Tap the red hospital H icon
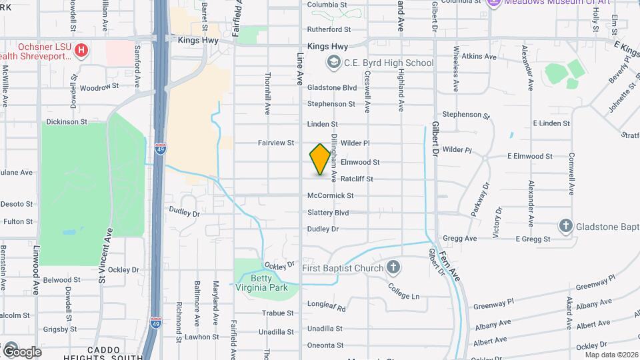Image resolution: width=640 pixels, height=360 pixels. click(x=81, y=50)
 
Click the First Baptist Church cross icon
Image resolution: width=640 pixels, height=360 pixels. click(x=393, y=268)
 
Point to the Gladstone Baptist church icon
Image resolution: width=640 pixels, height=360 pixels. click(x=566, y=225)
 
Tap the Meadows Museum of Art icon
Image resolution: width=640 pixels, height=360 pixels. click(x=494, y=3)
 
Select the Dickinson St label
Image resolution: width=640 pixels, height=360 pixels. click(x=66, y=122)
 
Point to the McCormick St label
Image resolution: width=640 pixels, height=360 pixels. click(x=330, y=195)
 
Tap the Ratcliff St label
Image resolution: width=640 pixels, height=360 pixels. click(x=357, y=179)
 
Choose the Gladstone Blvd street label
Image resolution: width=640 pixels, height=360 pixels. click(x=331, y=87)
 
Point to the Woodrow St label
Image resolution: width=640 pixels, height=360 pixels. click(x=99, y=87)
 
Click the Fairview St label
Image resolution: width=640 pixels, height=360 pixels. click(x=276, y=143)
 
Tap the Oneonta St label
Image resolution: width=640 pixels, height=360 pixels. click(x=325, y=345)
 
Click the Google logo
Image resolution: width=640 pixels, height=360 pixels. click(x=22, y=351)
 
